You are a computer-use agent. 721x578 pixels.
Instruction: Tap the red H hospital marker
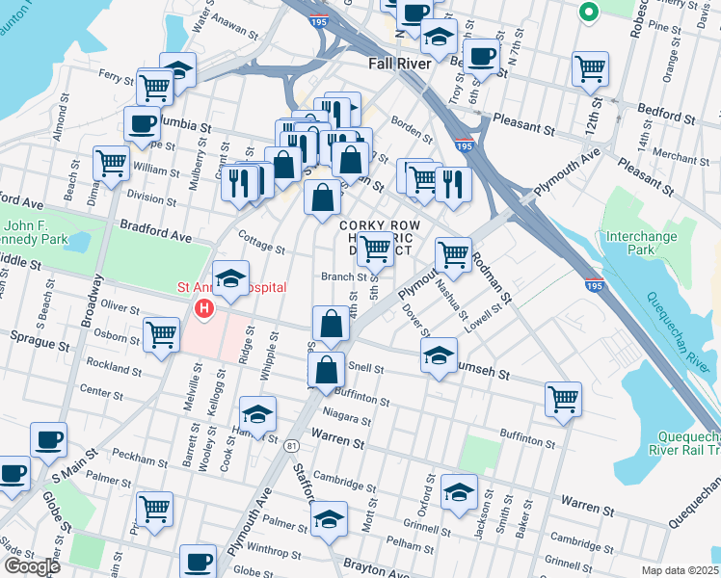tap(203, 309)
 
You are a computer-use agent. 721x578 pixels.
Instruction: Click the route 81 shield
tap(291, 444)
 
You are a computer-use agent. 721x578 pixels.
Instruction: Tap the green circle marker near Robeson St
tap(587, 13)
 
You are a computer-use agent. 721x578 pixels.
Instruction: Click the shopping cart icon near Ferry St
tap(154, 87)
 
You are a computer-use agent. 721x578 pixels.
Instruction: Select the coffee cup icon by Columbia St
tap(142, 123)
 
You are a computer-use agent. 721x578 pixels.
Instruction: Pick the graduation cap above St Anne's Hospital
tap(230, 278)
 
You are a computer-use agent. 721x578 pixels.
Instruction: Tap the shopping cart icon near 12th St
tap(590, 68)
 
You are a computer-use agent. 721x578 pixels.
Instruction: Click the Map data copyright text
tap(681, 570)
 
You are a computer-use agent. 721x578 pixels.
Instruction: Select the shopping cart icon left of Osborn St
tap(161, 335)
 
